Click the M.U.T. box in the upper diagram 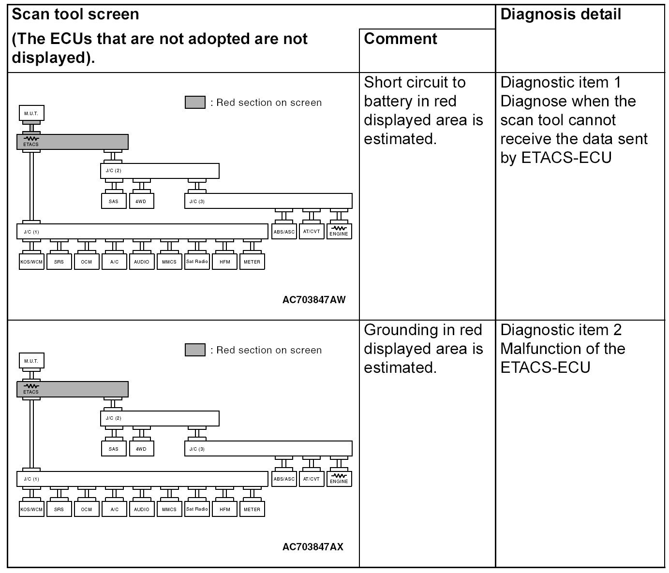tap(31, 114)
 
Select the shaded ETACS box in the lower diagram tap(73, 389)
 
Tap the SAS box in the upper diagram tap(114, 201)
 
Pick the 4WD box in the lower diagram tap(141, 449)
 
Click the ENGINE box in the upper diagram tap(339, 231)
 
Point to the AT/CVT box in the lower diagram tap(312, 479)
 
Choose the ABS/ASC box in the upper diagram tap(284, 232)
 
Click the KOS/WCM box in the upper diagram tap(31, 262)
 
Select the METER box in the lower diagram tap(252, 509)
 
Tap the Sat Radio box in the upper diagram tap(197, 262)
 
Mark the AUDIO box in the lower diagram tap(141, 509)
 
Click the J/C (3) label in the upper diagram tap(197, 201)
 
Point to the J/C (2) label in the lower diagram tap(113, 418)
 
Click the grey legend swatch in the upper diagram tap(195, 103)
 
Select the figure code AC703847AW tap(314, 300)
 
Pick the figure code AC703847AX tap(313, 547)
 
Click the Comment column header tap(401, 39)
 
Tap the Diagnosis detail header tap(561, 15)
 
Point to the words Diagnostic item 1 tap(561, 82)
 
